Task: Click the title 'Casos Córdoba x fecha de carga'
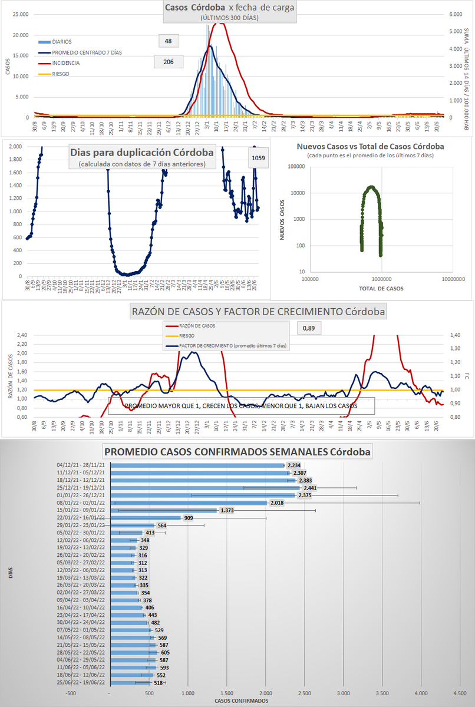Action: pos(229,8)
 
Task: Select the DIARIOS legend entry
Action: pos(62,42)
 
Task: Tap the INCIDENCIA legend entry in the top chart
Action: pos(65,62)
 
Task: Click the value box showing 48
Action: pos(168,41)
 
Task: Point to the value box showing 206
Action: pos(168,61)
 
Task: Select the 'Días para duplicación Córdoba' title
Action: pos(142,152)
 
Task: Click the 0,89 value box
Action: pos(309,327)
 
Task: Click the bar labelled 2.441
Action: pos(206,488)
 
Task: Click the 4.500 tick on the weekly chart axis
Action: pos(458,693)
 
